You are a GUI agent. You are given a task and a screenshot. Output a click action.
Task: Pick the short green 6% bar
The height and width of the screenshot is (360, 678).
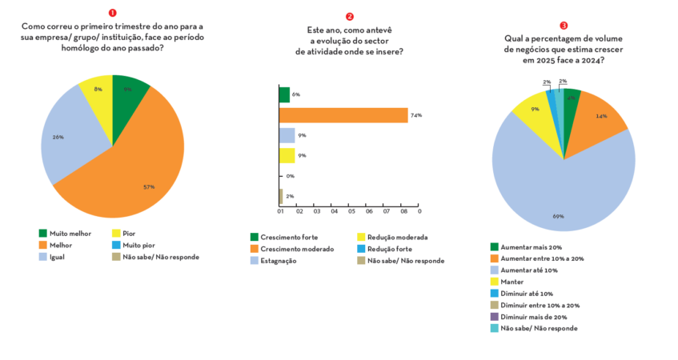pos(283,95)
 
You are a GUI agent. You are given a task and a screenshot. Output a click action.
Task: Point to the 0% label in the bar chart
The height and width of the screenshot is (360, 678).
pos(290,176)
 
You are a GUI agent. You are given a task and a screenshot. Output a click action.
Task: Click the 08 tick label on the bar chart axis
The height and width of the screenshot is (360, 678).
pos(403,212)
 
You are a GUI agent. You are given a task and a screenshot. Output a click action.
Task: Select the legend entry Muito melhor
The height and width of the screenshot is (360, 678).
pos(64,234)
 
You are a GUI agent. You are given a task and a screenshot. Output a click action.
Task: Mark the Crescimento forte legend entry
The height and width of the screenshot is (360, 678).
pos(282,238)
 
